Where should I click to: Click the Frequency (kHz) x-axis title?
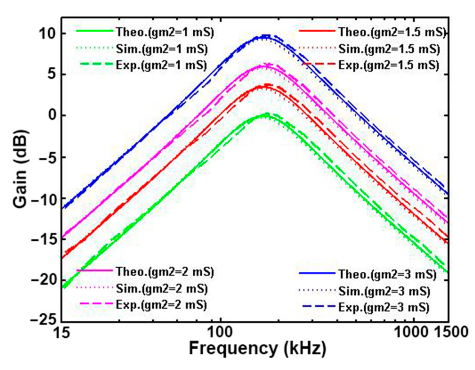coord(257,349)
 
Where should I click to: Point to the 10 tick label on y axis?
coord(47,34)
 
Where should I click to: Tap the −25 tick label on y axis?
coord(44,320)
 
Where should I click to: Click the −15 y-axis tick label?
coord(44,239)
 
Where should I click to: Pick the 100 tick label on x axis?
coord(220,332)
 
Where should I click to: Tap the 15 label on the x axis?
coord(62,332)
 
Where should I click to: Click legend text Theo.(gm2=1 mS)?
coord(165,32)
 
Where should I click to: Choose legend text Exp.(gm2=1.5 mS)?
coord(389,65)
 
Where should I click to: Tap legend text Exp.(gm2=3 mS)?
coord(384,307)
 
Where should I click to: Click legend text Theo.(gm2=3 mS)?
coord(387,274)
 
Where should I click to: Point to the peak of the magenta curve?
coord(263,66)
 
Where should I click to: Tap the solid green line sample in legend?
coord(95,31)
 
